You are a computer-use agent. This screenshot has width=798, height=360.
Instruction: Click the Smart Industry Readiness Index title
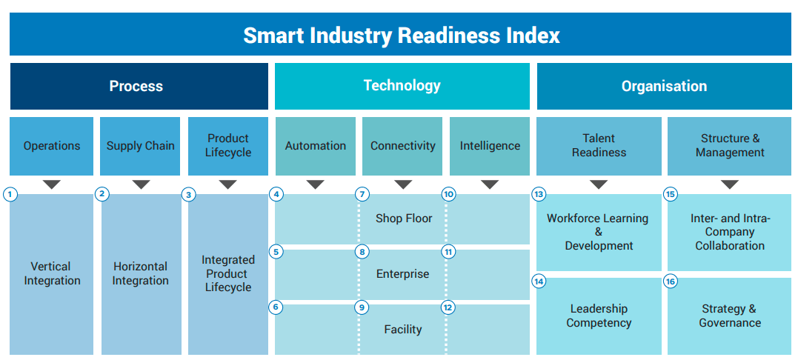[x=402, y=35]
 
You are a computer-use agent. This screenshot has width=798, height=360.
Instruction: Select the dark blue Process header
[x=139, y=87]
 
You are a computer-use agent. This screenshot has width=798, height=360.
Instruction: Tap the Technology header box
[x=402, y=86]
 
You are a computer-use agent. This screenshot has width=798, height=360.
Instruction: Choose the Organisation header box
[x=664, y=87]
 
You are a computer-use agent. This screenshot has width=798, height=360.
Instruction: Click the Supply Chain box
[x=140, y=146]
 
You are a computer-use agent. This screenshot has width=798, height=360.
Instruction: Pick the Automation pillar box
[x=316, y=146]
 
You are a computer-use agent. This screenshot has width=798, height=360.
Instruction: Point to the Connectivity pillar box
[x=403, y=146]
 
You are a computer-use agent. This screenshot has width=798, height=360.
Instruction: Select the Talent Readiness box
[x=599, y=146]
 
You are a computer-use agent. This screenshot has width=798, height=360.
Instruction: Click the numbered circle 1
[x=10, y=195]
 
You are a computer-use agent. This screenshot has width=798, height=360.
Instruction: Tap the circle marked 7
[x=362, y=195]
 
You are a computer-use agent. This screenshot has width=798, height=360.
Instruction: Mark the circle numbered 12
[x=448, y=307]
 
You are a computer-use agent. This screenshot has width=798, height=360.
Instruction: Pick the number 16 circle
[x=671, y=282]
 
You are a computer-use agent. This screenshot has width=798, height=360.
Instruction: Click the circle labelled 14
[x=539, y=282]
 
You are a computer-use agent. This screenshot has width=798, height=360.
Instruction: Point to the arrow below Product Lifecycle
[x=227, y=184]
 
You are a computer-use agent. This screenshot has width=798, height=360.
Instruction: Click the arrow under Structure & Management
[x=729, y=184]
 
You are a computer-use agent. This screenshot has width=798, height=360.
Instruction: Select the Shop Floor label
[x=403, y=219]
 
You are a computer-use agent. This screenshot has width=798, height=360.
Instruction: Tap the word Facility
[x=403, y=330]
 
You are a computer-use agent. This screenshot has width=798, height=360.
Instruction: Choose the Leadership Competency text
[x=599, y=316]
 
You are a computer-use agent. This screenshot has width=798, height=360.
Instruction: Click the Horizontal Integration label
[x=140, y=273]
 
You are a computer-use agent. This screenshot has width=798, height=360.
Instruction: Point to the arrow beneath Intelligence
[x=490, y=184]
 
